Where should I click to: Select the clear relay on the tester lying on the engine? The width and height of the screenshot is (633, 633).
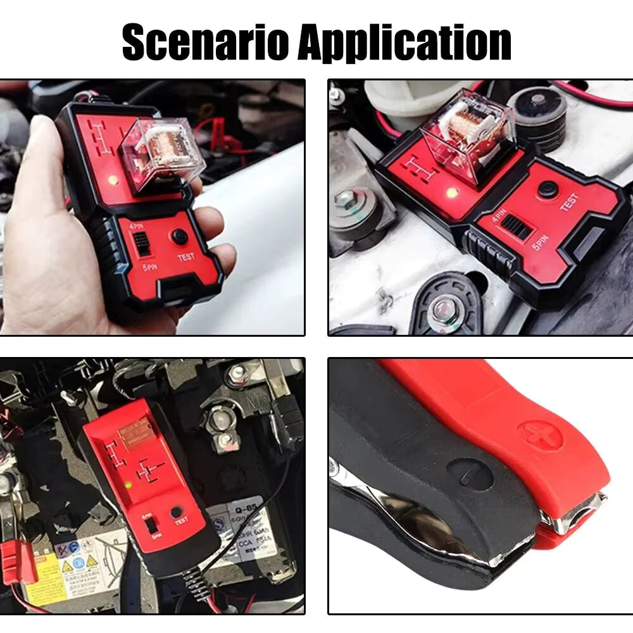(467, 134)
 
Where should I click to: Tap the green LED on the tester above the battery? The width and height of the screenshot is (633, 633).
(128, 486)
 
